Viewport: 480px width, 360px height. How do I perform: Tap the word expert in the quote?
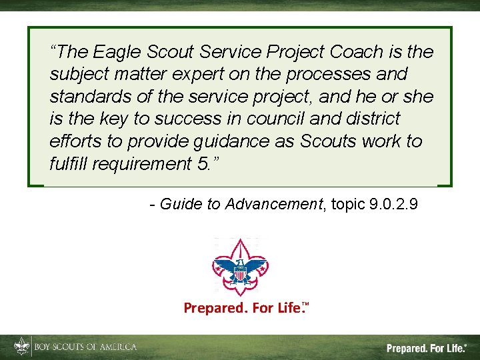[177, 74]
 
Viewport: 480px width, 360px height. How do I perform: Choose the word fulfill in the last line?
[68, 164]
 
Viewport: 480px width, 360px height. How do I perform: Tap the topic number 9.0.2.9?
[393, 204]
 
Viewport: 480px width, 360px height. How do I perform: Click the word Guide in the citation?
[181, 204]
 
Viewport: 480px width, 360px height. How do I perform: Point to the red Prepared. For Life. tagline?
[245, 308]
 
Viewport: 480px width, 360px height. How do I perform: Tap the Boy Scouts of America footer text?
[85, 347]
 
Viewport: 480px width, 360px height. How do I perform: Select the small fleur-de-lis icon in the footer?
[22, 347]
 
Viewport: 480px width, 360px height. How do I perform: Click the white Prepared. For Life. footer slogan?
[427, 348]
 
